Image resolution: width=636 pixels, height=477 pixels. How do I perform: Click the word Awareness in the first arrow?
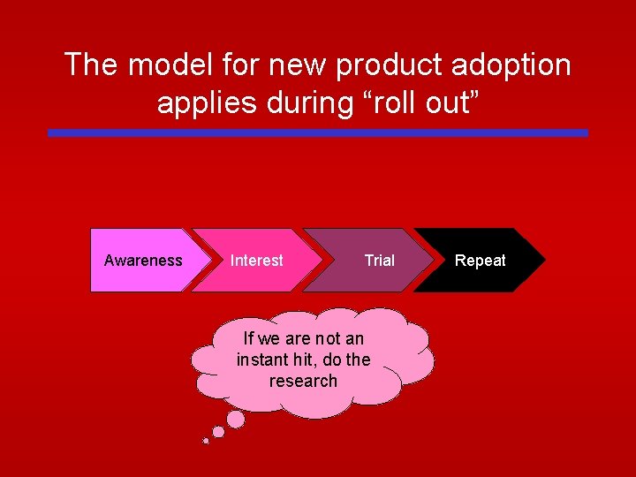point(143,261)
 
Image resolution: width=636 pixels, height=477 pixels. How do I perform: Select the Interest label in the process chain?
point(256,261)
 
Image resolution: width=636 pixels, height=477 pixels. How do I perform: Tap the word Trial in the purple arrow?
point(380,261)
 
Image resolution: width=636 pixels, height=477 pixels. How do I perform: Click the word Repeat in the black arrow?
point(480,261)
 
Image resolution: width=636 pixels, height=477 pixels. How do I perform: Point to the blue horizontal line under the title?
point(318,133)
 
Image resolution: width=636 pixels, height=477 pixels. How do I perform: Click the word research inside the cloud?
point(303,381)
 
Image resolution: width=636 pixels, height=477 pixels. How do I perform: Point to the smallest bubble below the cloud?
point(206,440)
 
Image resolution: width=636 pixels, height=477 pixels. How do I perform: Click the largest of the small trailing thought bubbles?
point(236,418)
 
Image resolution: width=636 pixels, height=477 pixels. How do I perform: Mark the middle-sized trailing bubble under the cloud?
point(218,432)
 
